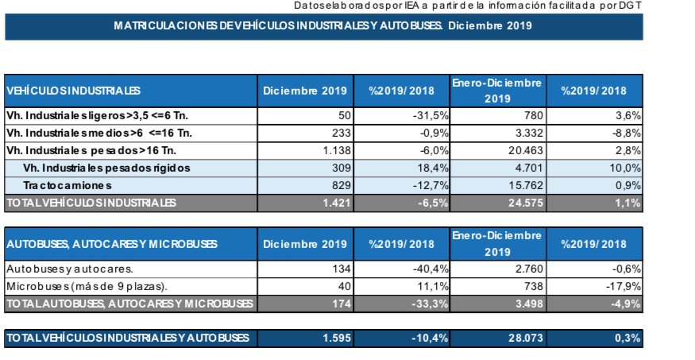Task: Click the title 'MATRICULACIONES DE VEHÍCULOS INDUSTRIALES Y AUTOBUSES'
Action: [278, 25]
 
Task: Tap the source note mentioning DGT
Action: [468, 6]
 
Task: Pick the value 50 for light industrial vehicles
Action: [345, 116]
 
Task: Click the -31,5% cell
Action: [431, 116]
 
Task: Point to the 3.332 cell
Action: [526, 133]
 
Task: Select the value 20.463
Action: [526, 150]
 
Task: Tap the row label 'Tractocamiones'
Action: [68, 185]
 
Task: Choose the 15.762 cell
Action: [526, 185]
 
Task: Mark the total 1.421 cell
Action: [337, 203]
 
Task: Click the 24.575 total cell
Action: [526, 203]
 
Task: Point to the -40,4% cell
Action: [431, 269]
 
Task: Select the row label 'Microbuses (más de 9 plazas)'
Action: [87, 286]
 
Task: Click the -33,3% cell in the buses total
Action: [431, 304]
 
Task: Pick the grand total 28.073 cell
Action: [526, 339]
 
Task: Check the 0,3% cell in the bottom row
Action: [627, 339]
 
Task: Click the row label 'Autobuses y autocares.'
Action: [70, 269]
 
